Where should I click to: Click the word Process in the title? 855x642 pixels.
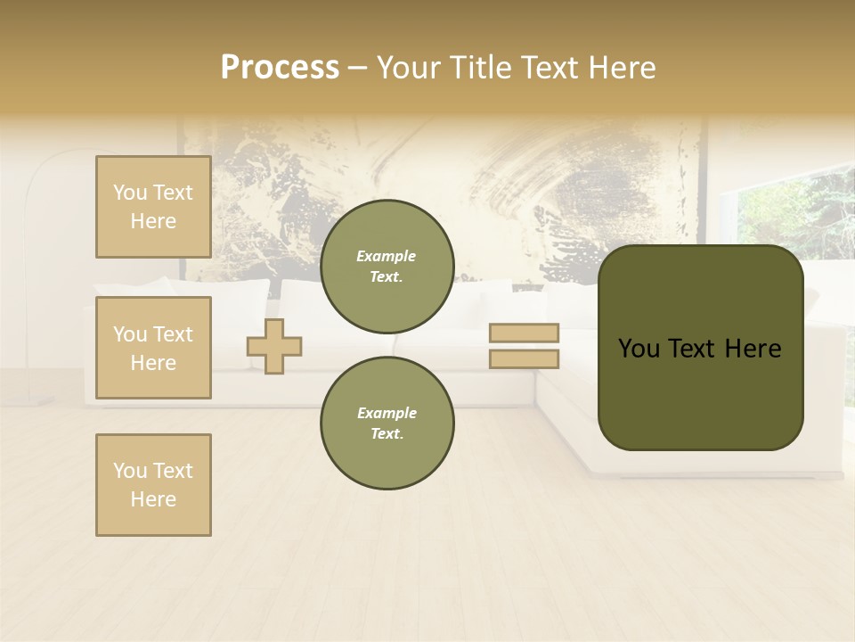[280, 68]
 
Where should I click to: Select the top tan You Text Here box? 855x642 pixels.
[153, 207]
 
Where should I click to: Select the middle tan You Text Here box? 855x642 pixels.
[153, 348]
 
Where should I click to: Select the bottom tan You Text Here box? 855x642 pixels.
[153, 485]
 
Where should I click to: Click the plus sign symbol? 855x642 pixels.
[274, 346]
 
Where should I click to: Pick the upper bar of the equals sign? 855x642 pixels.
[524, 333]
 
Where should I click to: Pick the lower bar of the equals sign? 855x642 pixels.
[524, 359]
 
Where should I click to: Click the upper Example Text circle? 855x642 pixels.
[387, 266]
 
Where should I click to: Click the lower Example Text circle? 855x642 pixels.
[387, 423]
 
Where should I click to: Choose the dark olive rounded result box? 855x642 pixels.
[700, 348]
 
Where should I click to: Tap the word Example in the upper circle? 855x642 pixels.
[387, 256]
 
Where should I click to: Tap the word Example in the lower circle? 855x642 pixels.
[387, 413]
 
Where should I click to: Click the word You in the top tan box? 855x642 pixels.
[129, 193]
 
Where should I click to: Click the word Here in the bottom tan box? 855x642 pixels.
[153, 499]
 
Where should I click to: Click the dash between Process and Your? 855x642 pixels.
[357, 68]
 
